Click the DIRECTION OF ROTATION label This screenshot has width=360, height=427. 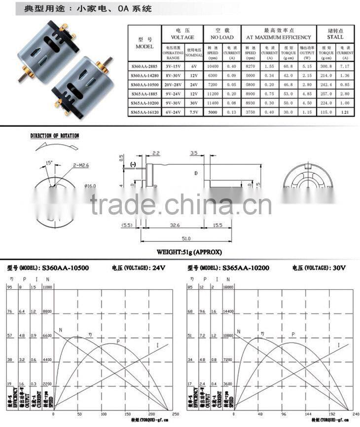54,136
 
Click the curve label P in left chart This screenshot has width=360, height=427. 118,341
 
